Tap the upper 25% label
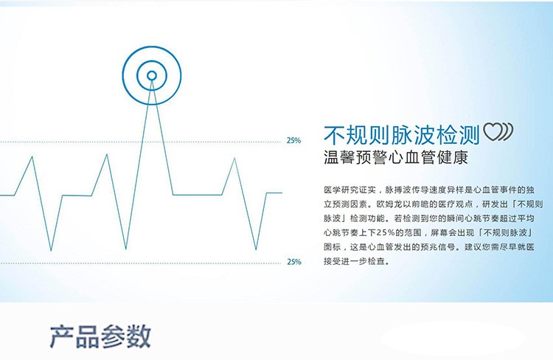[293, 140]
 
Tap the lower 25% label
[294, 262]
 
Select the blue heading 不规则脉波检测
[402, 135]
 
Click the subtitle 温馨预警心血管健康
[396, 157]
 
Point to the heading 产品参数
[100, 336]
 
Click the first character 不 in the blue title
[335, 135]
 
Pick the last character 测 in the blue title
[469, 135]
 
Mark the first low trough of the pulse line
[51, 251]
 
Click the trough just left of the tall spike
[126, 249]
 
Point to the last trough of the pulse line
[256, 249]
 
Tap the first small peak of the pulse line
[32, 156]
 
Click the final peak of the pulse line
[234, 159]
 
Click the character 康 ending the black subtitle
[460, 157]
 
